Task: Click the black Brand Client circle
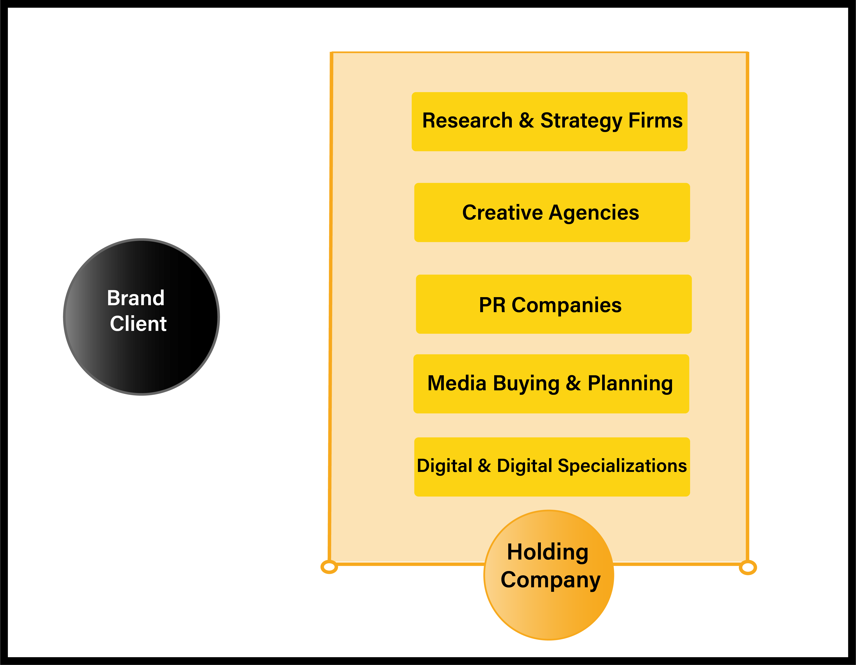tap(141, 317)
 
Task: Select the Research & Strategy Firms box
tap(549, 122)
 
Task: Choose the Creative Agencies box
tap(552, 213)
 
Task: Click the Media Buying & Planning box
tap(551, 384)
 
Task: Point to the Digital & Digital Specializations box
tap(552, 467)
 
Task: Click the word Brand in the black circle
tap(136, 298)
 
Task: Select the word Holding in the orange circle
tap(548, 552)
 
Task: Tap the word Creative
tap(502, 213)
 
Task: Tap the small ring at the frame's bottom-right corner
tap(748, 567)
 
